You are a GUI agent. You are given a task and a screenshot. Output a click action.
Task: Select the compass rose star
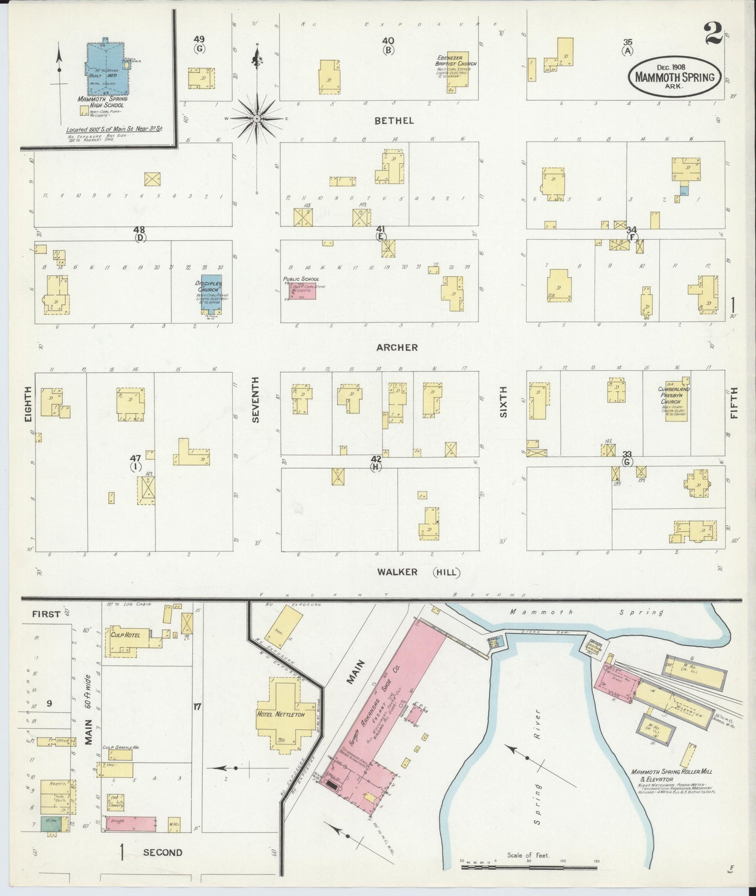click(x=257, y=119)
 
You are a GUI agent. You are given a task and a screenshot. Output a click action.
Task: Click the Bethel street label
click(x=394, y=121)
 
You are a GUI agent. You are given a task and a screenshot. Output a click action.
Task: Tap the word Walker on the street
click(x=397, y=572)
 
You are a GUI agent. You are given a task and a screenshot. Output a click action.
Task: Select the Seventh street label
click(x=256, y=406)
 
